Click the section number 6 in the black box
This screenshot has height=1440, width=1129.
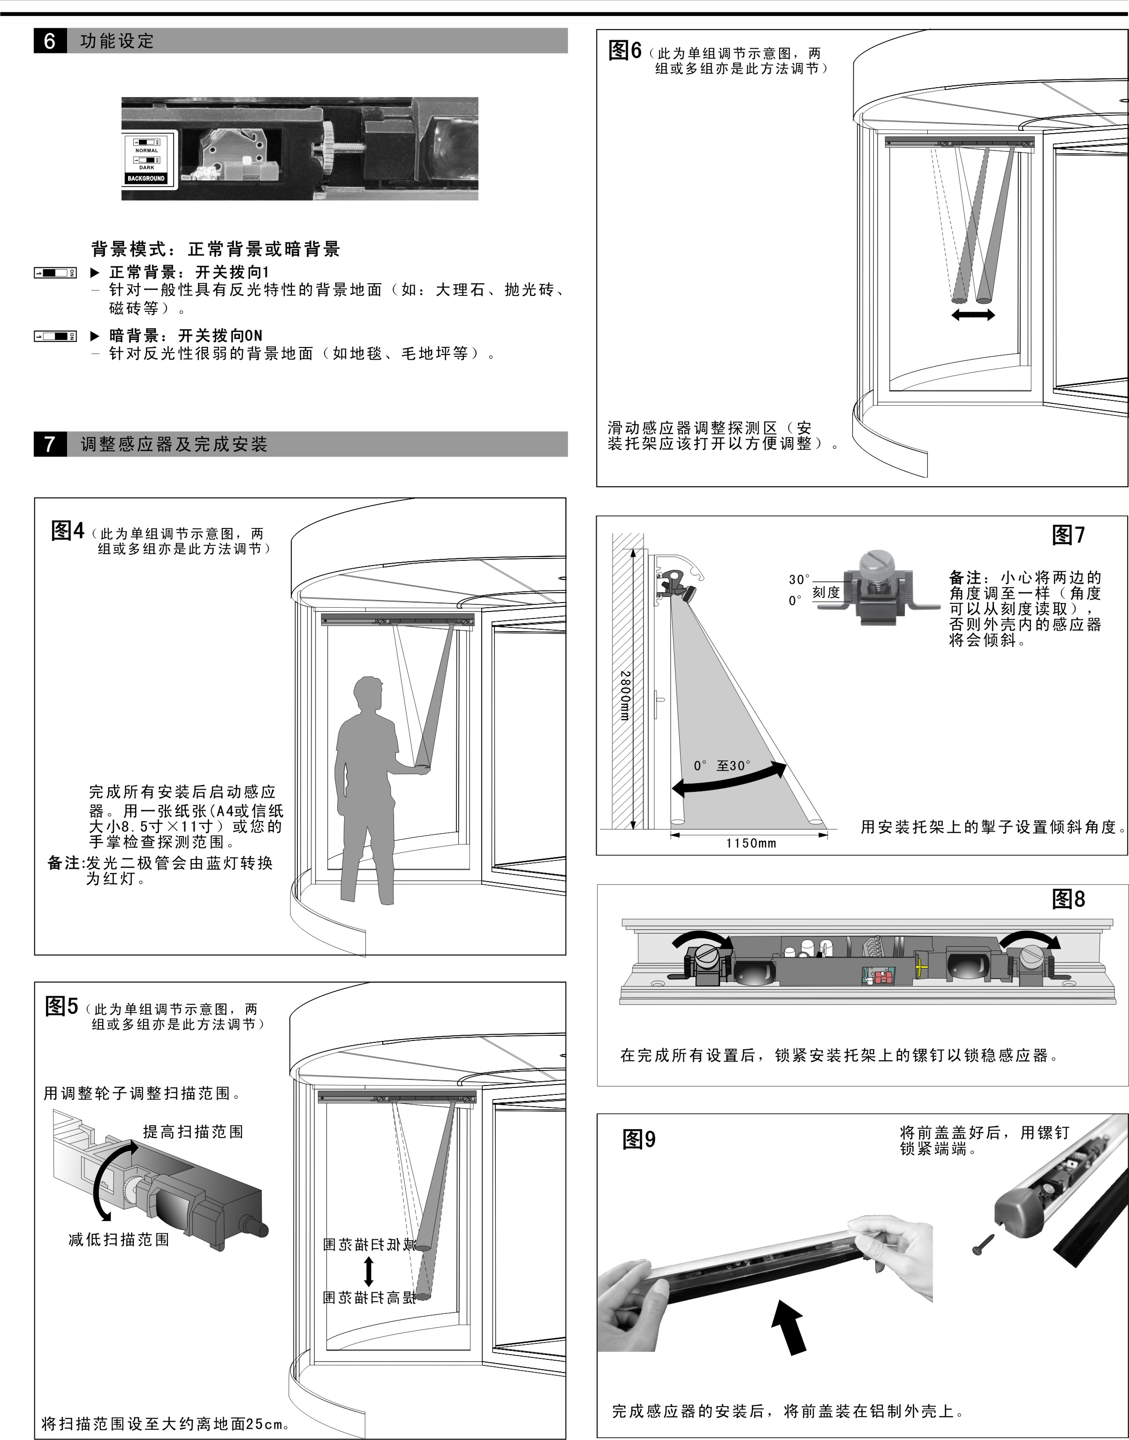[x=50, y=41]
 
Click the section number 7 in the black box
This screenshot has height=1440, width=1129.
[x=50, y=444]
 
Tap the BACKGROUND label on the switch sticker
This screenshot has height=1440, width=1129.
[x=146, y=179]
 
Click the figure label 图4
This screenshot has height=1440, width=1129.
[x=68, y=531]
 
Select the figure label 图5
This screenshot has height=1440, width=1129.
[x=61, y=1006]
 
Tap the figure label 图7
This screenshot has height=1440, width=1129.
[x=1068, y=535]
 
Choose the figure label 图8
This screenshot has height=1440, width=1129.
[x=1068, y=899]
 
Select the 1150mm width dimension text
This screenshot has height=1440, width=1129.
[x=751, y=843]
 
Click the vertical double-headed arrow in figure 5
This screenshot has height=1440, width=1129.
[x=369, y=1271]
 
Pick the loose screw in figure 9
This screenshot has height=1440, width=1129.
[x=984, y=1243]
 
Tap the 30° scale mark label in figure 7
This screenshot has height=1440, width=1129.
[x=798, y=580]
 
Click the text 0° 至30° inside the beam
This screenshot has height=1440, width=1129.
[x=722, y=766]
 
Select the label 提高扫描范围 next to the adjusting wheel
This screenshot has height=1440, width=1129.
[x=193, y=1132]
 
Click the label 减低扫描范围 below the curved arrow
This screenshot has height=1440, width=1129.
[x=119, y=1240]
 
